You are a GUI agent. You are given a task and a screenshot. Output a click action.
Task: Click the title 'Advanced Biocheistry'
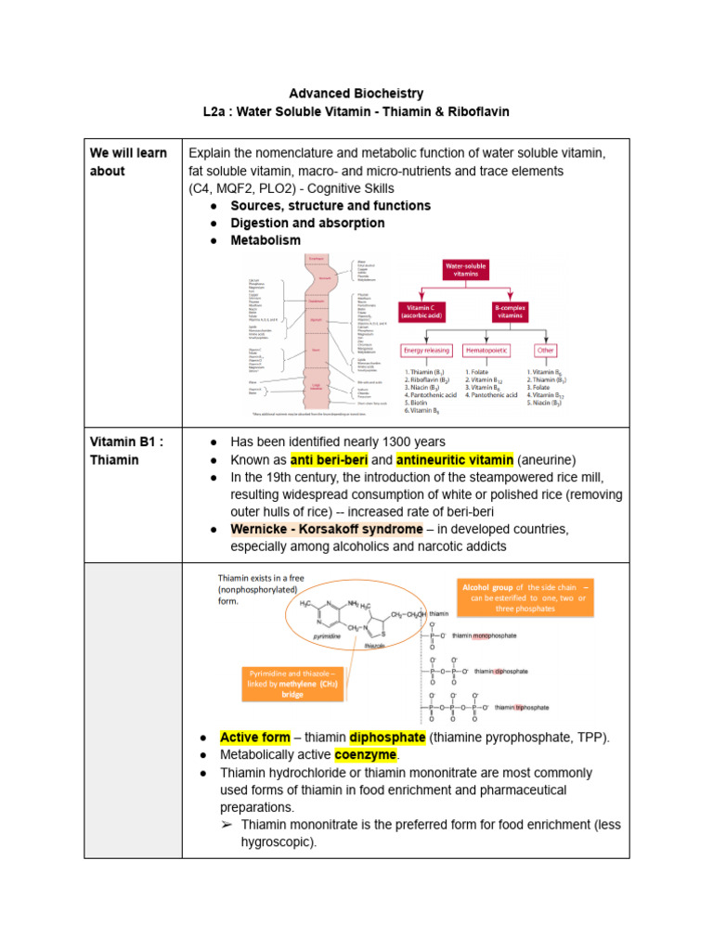coord(356,94)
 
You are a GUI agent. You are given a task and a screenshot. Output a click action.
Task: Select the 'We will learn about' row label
coord(128,161)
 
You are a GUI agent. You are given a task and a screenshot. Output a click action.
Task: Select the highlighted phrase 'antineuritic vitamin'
coord(454,460)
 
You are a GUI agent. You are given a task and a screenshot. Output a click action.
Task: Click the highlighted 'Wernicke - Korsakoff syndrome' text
coord(326,529)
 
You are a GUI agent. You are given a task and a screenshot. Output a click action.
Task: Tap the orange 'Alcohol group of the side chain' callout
coord(526,597)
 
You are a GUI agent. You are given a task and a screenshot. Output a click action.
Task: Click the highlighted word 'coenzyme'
coord(365,754)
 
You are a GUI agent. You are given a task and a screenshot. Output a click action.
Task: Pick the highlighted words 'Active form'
coord(254,737)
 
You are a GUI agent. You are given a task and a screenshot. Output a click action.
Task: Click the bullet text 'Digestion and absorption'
coord(307,223)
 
